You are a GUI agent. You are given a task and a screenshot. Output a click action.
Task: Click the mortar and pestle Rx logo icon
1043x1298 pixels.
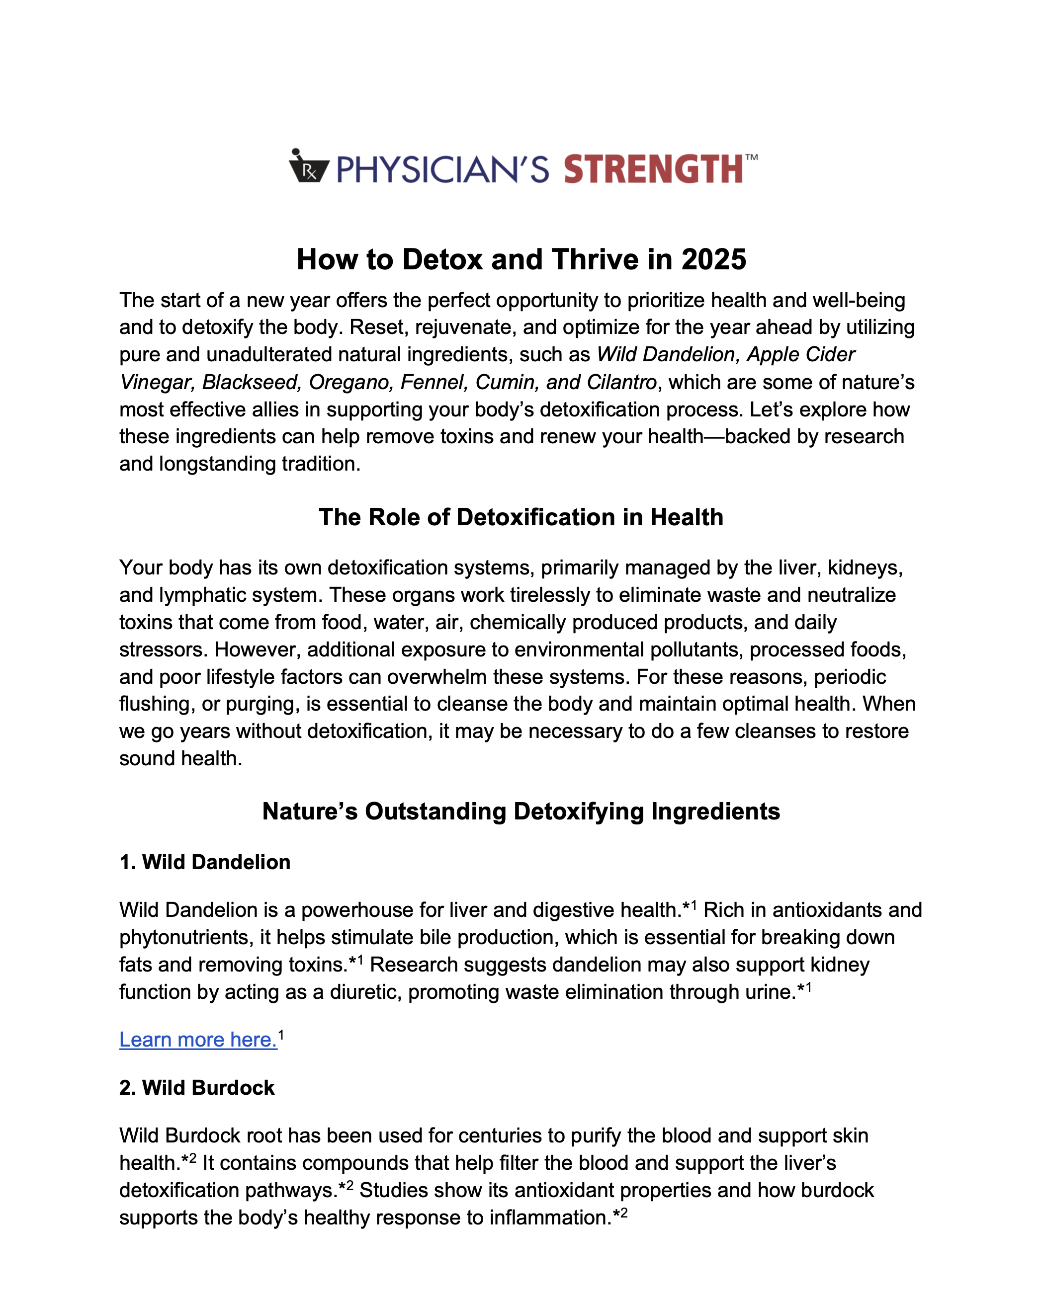point(308,167)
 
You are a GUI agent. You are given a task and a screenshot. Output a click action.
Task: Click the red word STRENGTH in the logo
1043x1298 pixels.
point(653,169)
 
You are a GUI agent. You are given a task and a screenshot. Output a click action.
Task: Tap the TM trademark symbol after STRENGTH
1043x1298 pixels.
point(751,158)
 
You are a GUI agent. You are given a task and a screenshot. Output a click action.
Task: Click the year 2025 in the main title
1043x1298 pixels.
point(713,260)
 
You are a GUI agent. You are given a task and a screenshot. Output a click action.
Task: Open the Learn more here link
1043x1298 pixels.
point(198,1040)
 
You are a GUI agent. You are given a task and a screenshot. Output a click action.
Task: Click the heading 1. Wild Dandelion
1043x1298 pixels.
point(205,862)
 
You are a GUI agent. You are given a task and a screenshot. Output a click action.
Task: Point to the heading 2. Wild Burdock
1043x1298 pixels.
point(197,1088)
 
